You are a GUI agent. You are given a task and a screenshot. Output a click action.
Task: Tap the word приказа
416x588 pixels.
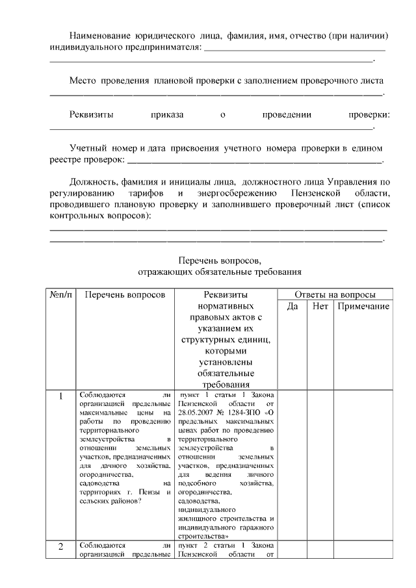[167, 115]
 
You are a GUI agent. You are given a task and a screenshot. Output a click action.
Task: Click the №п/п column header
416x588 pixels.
[60, 294]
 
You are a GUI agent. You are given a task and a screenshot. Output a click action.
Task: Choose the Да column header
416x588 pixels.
[292, 306]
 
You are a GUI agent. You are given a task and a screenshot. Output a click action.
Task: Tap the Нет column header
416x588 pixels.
[320, 306]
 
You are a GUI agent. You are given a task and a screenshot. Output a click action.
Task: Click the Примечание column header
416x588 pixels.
[363, 306]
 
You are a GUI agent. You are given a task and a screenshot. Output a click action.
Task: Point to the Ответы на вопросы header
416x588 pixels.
[335, 294]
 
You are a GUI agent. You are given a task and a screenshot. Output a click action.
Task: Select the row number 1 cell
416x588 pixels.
[60, 396]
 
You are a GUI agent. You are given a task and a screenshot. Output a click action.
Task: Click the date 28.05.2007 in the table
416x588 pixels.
[197, 412]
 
